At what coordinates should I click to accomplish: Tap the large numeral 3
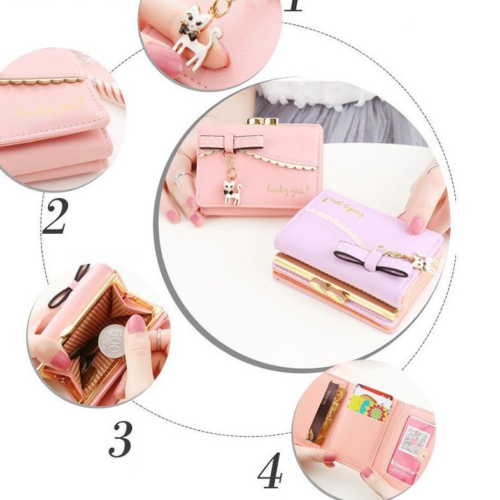tap(120, 437)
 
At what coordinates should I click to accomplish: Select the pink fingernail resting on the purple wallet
tap(416, 225)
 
